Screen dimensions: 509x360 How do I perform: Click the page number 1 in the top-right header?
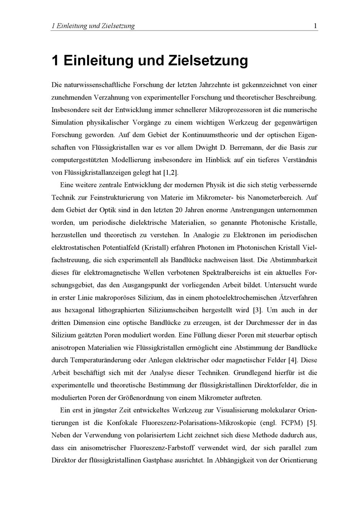tap(315, 26)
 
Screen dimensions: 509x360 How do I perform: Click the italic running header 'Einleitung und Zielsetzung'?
tap(95, 26)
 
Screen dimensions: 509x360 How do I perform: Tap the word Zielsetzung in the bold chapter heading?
tap(208, 60)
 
